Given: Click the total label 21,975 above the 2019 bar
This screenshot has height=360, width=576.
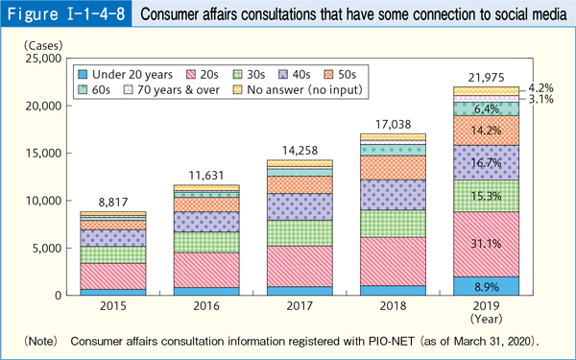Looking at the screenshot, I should pos(492,76).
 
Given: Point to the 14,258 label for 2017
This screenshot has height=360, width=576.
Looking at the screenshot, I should pos(299,150).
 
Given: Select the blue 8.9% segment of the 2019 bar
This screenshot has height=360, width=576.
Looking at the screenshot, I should pos(492,286).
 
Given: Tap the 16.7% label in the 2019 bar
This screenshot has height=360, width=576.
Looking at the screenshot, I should pos(492,163).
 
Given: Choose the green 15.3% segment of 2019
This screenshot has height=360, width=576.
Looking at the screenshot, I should pos(492,196).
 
